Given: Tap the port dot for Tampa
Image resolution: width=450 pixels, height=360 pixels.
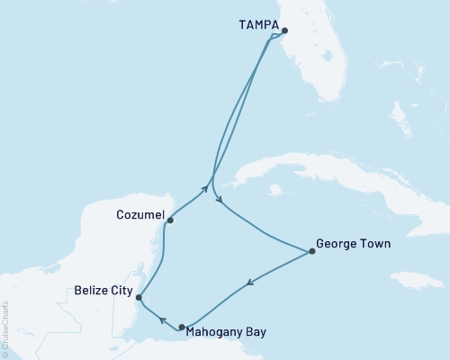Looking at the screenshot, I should [x=284, y=31].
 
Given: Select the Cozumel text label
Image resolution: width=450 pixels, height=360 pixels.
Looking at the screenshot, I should [x=139, y=215].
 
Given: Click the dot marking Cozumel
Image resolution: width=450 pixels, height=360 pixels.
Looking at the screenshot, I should [x=170, y=220].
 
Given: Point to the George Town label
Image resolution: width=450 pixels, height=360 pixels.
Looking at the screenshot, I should [x=355, y=243].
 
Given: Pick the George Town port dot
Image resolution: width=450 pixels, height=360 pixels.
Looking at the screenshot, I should [x=312, y=251].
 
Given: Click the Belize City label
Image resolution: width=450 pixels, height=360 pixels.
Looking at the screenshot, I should [x=103, y=292].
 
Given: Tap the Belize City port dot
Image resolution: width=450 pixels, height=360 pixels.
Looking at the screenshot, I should [x=138, y=296].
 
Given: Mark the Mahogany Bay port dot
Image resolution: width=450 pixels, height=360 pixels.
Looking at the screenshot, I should [x=183, y=328].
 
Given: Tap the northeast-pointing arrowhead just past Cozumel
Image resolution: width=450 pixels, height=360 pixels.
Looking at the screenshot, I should [x=206, y=189].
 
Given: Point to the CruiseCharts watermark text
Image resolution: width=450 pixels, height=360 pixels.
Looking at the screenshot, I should [x=6, y=329].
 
